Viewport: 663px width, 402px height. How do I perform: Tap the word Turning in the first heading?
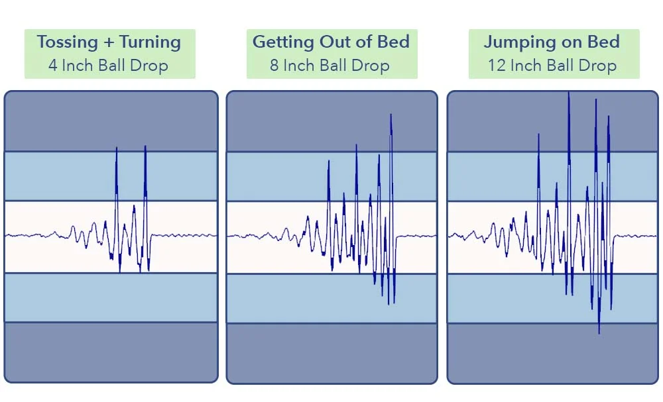151,42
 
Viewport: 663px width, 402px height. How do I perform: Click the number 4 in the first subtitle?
52,66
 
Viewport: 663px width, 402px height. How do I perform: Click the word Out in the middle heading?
332,42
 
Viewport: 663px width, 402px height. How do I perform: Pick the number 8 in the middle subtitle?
274,66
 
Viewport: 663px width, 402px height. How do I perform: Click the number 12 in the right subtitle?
496,66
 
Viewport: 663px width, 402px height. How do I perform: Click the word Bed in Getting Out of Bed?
391,42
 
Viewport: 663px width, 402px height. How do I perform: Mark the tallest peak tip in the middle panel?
391,115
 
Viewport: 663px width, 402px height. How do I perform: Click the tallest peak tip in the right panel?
568,92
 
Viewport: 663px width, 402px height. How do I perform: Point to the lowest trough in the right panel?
599,333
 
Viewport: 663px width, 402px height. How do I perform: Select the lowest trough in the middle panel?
394,304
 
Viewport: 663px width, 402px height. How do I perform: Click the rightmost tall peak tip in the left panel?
145,146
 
